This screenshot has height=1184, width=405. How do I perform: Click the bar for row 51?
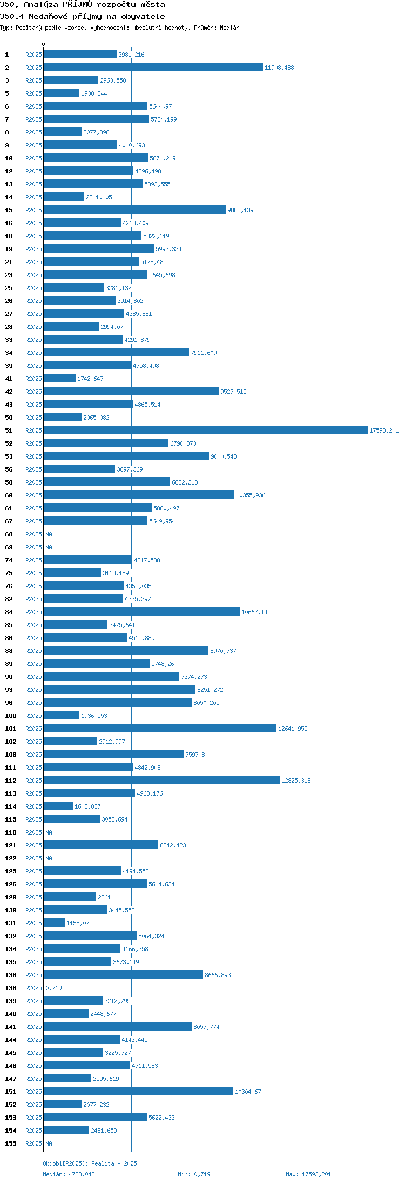coord(206,430)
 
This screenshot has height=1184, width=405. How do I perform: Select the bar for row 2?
coord(153,67)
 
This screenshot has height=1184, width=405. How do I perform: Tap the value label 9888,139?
coord(240,210)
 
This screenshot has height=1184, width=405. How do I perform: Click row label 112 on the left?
coord(11,781)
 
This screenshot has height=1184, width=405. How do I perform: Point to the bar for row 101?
coord(160,728)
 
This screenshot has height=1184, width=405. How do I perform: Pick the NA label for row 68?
coord(49,534)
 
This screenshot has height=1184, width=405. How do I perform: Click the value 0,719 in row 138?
coord(54,988)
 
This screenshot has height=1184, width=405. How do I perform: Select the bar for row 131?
coord(55,923)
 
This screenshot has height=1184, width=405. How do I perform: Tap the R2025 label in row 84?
coord(33,612)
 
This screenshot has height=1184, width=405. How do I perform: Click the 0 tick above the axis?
coord(44,44)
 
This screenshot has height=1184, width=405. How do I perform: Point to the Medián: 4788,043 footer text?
coord(69,1174)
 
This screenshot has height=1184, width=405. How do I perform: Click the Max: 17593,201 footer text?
coord(308,1174)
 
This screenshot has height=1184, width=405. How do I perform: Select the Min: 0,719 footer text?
coord(194,1174)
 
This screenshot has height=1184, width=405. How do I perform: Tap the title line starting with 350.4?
coord(83,16)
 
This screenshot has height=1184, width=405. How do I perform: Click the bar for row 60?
coord(139,495)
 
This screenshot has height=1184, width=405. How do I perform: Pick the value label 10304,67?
coord(248,1092)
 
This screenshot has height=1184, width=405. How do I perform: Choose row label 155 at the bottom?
coord(11,1143)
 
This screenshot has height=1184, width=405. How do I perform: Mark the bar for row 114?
coord(58,806)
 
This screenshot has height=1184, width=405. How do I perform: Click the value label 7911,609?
coord(204,353)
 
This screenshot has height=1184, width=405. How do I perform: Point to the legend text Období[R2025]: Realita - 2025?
coord(90,1163)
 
